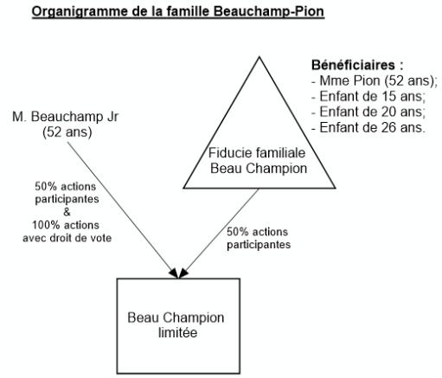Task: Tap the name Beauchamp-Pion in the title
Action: coord(269,11)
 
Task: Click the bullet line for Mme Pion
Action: coord(375,80)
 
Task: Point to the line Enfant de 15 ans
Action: coord(368,96)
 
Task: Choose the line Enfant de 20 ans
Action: coord(368,112)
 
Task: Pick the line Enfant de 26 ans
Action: coord(368,127)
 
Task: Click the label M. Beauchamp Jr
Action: coord(66,117)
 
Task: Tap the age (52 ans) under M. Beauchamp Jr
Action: coord(67,132)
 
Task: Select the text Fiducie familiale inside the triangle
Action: coord(257,152)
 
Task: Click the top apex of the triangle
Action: coord(259,57)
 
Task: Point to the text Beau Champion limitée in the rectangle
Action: coord(176,325)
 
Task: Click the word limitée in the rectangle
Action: coord(177,332)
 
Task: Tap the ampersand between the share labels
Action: coord(67,212)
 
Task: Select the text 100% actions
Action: coord(66,225)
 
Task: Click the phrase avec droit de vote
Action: coord(67,238)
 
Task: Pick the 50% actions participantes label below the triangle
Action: coord(259,238)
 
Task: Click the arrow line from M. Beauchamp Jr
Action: coord(123,210)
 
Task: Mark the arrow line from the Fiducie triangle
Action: coord(219,234)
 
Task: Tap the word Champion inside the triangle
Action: coord(278,169)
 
